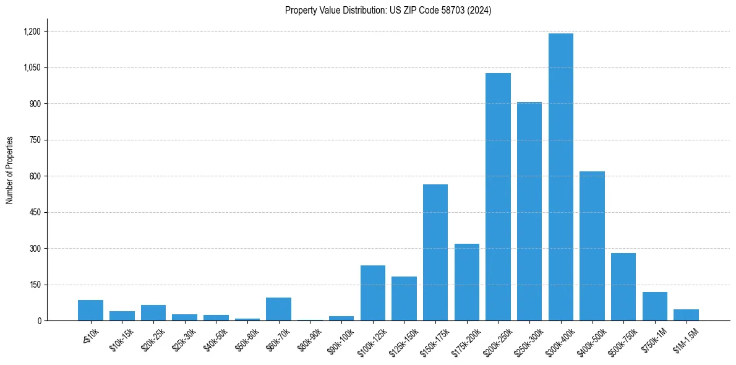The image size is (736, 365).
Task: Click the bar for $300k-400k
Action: coord(560,177)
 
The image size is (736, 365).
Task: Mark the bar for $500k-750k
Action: coord(623,287)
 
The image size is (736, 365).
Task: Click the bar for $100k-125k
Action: coord(373,293)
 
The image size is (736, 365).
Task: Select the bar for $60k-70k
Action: coord(279,309)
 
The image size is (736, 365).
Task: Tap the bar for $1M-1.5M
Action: coord(686,315)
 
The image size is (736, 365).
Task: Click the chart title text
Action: coord(388,11)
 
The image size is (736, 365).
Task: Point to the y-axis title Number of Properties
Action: coord(10,170)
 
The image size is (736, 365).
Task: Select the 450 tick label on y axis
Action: coord(35,212)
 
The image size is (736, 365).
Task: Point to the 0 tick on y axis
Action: coord(38,321)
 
